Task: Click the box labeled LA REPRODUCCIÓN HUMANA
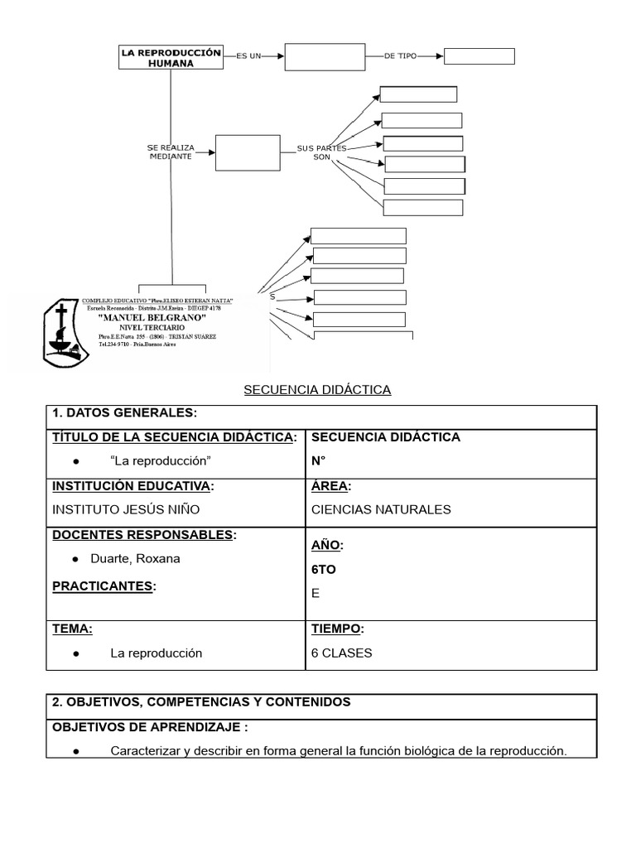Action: [x=171, y=56]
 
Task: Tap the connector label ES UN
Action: [x=248, y=56]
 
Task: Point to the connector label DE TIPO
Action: [x=402, y=56]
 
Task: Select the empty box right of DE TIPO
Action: [x=479, y=56]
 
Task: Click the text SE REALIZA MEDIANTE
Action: [x=171, y=152]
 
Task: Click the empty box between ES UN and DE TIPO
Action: [x=325, y=56]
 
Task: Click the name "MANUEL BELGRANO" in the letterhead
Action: [x=152, y=318]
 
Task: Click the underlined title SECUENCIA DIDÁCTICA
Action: [x=317, y=389]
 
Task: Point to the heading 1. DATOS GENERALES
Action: [x=124, y=413]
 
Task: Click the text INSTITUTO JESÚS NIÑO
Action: [x=126, y=509]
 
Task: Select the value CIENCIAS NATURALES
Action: [x=381, y=509]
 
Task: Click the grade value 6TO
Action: [x=325, y=570]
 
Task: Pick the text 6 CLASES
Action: [x=341, y=653]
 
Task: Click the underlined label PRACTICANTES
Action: [x=104, y=586]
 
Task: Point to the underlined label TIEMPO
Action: [x=337, y=629]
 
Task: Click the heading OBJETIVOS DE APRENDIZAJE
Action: [x=150, y=727]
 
